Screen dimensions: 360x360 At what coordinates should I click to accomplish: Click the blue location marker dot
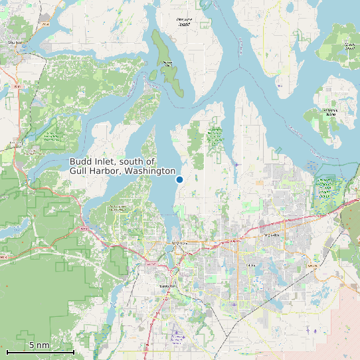[x=179, y=179]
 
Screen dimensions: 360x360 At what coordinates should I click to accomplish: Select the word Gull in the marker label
[x=80, y=171]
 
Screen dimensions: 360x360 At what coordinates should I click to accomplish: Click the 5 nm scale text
[x=39, y=345]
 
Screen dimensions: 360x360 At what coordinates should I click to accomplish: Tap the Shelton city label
[x=15, y=43]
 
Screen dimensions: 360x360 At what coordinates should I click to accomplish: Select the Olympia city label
[x=180, y=244]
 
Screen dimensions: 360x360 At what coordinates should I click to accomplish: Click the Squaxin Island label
[x=168, y=64]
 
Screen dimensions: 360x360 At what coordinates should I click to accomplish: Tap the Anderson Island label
[x=330, y=112]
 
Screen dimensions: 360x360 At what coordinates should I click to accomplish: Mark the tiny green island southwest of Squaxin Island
[x=153, y=75]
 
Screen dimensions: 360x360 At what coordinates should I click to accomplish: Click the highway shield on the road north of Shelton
[x=45, y=25]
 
